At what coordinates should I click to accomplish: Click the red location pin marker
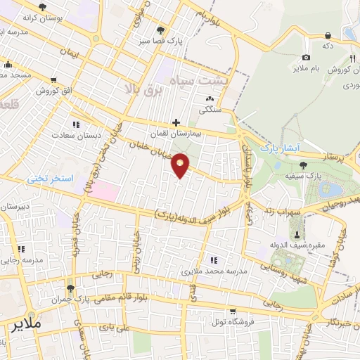[181, 165]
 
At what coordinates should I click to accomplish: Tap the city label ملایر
[27, 325]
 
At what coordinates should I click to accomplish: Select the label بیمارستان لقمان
[176, 132]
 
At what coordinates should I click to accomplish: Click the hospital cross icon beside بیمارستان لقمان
[176, 122]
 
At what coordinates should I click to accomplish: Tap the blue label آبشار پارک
[279, 148]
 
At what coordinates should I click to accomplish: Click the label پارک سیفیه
[304, 175]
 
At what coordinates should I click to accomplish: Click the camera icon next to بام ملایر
[305, 58]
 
